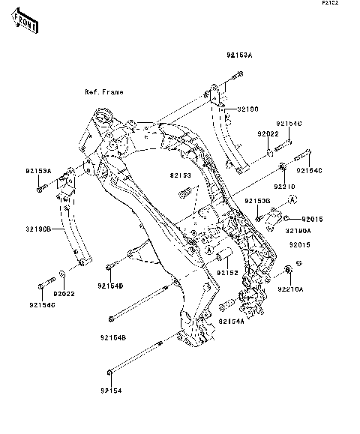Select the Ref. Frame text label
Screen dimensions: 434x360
point(103,92)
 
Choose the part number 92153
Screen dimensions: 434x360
point(180,176)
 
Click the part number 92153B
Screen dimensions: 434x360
point(257,202)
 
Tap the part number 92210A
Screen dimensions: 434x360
point(291,288)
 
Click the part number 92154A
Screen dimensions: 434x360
point(232,321)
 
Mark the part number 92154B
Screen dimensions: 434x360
point(112,338)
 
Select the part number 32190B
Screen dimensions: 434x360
point(39,229)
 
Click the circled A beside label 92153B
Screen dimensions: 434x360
point(293,198)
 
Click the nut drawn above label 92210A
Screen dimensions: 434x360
point(289,269)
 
